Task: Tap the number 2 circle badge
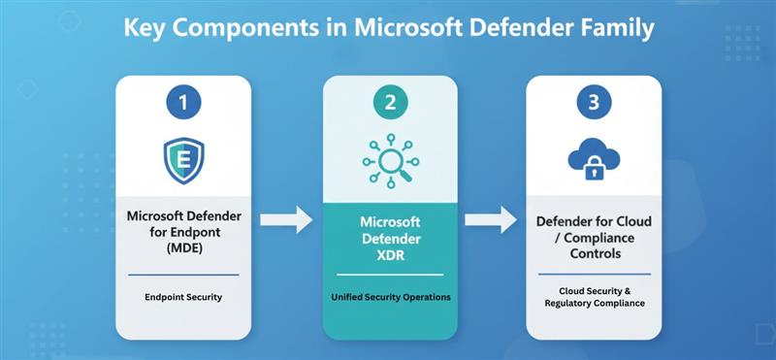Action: pos(388,102)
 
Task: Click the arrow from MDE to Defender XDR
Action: pos(287,220)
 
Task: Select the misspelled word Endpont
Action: pos(202,229)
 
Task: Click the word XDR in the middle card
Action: pos(388,255)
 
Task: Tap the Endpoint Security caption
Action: pos(183,297)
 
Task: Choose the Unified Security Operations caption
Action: pos(388,297)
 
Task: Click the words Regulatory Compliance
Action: pos(594,304)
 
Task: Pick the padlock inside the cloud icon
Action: pos(594,171)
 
